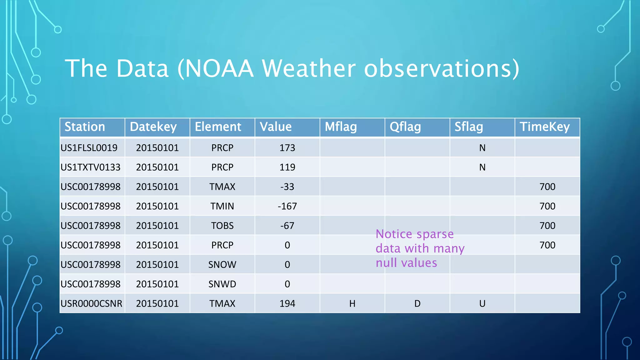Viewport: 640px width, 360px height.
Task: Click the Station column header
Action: pyautogui.click(x=85, y=127)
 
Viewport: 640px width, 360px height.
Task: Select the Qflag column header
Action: pyautogui.click(x=405, y=127)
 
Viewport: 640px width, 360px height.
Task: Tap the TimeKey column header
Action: pyautogui.click(x=544, y=127)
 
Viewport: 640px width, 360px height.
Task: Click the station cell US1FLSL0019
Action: pyautogui.click(x=89, y=148)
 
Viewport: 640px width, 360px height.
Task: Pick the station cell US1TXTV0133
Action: pyautogui.click(x=90, y=167)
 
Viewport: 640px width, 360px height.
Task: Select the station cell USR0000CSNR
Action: pyautogui.click(x=91, y=303)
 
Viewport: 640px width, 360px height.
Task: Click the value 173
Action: pyautogui.click(x=287, y=148)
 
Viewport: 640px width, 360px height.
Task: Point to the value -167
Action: pyautogui.click(x=287, y=206)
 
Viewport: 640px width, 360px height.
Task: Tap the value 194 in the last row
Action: pyautogui.click(x=287, y=303)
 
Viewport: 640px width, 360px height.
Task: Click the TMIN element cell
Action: pyautogui.click(x=222, y=206)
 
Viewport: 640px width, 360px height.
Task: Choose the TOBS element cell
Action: pyautogui.click(x=222, y=226)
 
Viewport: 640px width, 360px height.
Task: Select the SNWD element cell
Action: pyautogui.click(x=222, y=284)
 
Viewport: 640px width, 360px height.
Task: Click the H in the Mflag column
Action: pyautogui.click(x=352, y=303)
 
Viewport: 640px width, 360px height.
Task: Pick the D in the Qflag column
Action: pyautogui.click(x=417, y=303)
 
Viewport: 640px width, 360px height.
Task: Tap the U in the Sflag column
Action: pyautogui.click(x=482, y=303)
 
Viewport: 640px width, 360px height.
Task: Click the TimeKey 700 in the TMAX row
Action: pyautogui.click(x=547, y=187)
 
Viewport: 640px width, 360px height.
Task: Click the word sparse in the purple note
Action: pyautogui.click(x=435, y=234)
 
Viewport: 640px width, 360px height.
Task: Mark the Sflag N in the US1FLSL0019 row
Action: pyautogui.click(x=482, y=148)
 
